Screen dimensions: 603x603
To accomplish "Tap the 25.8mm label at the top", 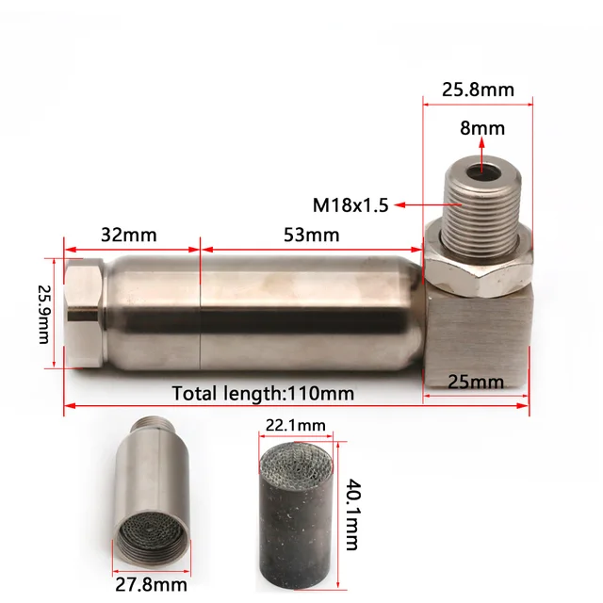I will point(478,90).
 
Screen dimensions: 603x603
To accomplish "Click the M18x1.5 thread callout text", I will point(351,204).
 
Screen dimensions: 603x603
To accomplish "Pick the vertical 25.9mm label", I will point(43,314).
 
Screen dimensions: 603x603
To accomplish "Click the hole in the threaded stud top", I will point(483,171).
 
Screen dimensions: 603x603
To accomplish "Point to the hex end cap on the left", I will point(81,314).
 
